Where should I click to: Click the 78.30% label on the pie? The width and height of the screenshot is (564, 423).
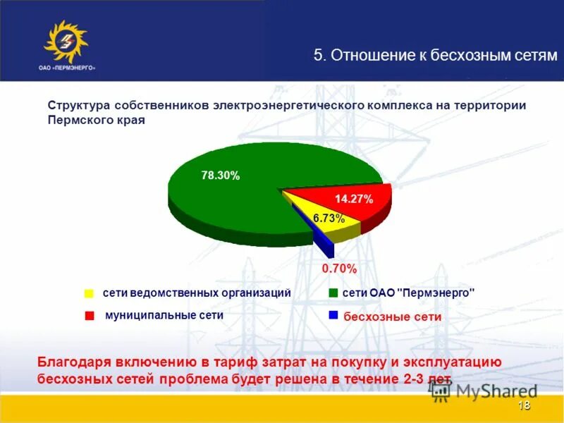221,176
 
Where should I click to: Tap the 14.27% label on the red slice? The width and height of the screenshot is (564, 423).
353,199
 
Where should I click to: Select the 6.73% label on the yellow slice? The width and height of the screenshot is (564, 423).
329,219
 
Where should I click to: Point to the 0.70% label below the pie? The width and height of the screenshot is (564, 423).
339,269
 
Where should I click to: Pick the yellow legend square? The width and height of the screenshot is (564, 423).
89,293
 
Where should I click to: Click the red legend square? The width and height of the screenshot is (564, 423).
89,317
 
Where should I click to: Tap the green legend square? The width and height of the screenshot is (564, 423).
333,293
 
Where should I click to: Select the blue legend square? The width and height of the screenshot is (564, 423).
333,315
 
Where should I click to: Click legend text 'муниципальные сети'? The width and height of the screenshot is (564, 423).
164,315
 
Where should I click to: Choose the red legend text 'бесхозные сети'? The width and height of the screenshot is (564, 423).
393,317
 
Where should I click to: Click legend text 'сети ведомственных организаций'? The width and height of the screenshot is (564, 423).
197,293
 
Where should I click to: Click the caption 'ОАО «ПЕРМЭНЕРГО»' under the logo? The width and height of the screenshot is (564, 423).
67,68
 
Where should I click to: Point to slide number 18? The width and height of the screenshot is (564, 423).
524,405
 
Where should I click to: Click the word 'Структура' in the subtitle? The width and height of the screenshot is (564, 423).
76,105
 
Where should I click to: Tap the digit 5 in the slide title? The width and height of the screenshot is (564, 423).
318,56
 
